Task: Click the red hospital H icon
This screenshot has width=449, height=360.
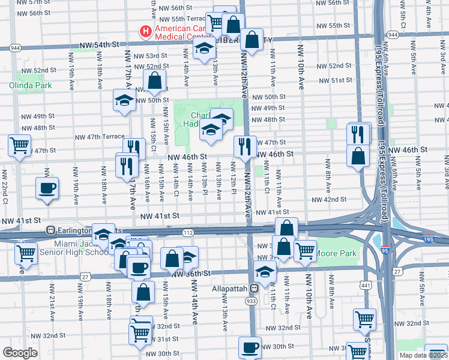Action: (145, 30)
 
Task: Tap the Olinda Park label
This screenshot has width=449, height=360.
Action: (30, 85)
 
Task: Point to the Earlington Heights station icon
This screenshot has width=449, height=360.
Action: (51, 230)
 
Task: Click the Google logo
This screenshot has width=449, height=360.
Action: (20, 353)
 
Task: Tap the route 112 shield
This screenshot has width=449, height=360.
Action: (187, 232)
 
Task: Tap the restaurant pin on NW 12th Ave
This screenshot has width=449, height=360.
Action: (245, 146)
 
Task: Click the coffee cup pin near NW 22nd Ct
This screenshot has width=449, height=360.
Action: (47, 187)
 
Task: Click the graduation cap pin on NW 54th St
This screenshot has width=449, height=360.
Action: (205, 49)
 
